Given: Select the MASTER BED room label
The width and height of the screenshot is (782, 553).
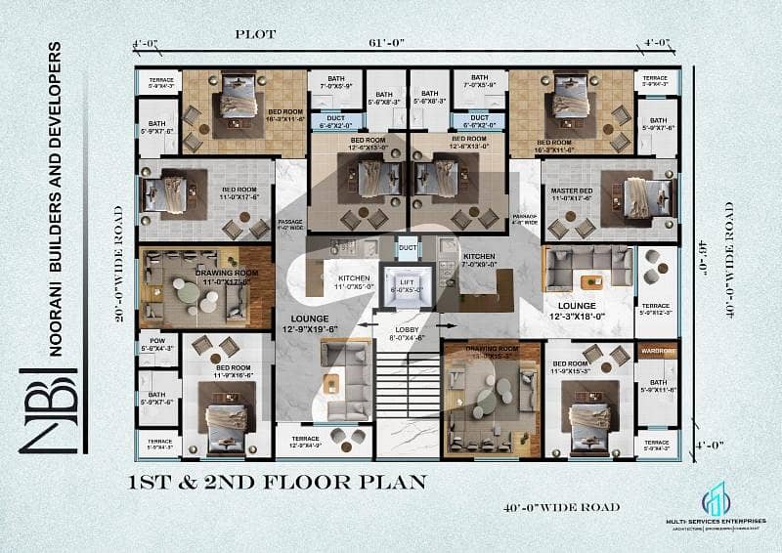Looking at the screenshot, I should click(570, 194).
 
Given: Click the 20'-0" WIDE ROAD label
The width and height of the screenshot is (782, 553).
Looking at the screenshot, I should click(120, 264).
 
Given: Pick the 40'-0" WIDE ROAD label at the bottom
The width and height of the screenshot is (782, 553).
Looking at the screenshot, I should click(561, 506).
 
